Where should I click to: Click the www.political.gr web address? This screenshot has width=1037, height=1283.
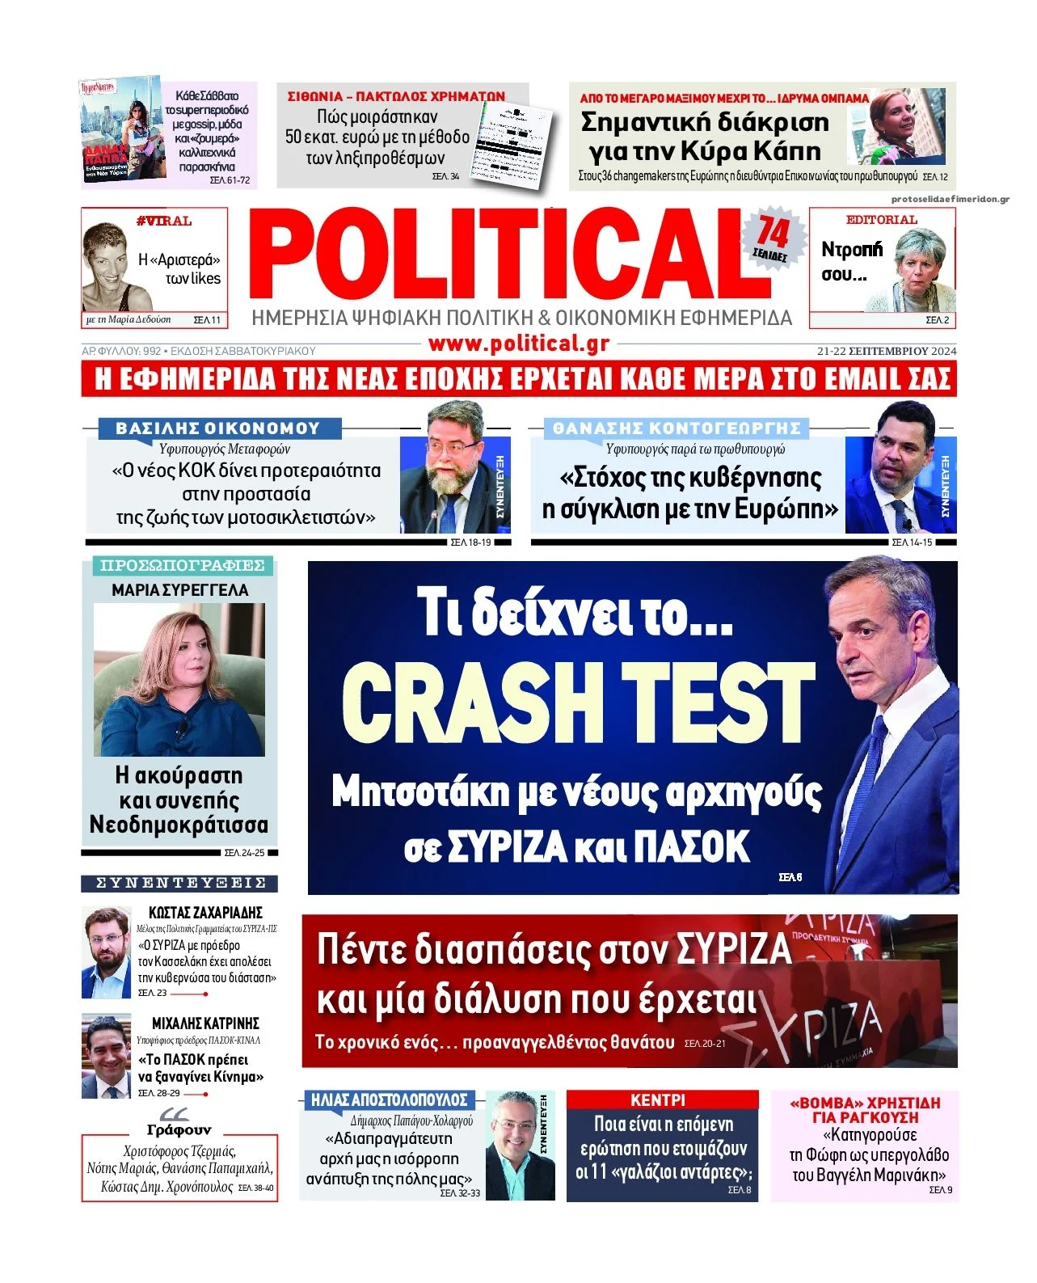[518, 344]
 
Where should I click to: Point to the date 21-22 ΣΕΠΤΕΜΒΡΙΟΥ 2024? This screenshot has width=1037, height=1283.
[886, 351]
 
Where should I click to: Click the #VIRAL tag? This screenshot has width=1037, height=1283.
[164, 221]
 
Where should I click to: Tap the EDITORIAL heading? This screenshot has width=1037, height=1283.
[881, 220]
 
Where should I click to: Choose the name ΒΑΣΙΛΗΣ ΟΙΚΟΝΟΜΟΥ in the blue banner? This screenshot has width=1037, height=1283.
[218, 428]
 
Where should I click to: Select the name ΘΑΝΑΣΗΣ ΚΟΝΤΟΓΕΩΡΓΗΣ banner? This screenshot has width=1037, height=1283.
[677, 428]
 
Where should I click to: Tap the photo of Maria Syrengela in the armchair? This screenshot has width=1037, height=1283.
[179, 679]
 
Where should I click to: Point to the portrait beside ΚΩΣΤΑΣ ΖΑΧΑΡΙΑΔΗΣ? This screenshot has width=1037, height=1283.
[106, 952]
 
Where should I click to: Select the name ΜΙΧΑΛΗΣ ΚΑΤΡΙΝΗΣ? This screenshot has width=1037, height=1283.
[205, 1023]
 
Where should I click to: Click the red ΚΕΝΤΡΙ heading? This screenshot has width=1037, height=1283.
[658, 1100]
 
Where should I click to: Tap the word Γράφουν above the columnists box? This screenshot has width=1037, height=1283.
[179, 1129]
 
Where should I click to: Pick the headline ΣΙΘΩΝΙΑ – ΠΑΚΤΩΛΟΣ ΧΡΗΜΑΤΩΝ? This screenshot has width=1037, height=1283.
[396, 96]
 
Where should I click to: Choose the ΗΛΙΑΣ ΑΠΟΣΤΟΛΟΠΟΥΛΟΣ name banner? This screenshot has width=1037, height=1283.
[390, 1099]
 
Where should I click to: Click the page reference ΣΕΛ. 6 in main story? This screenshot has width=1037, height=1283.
[789, 876]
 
